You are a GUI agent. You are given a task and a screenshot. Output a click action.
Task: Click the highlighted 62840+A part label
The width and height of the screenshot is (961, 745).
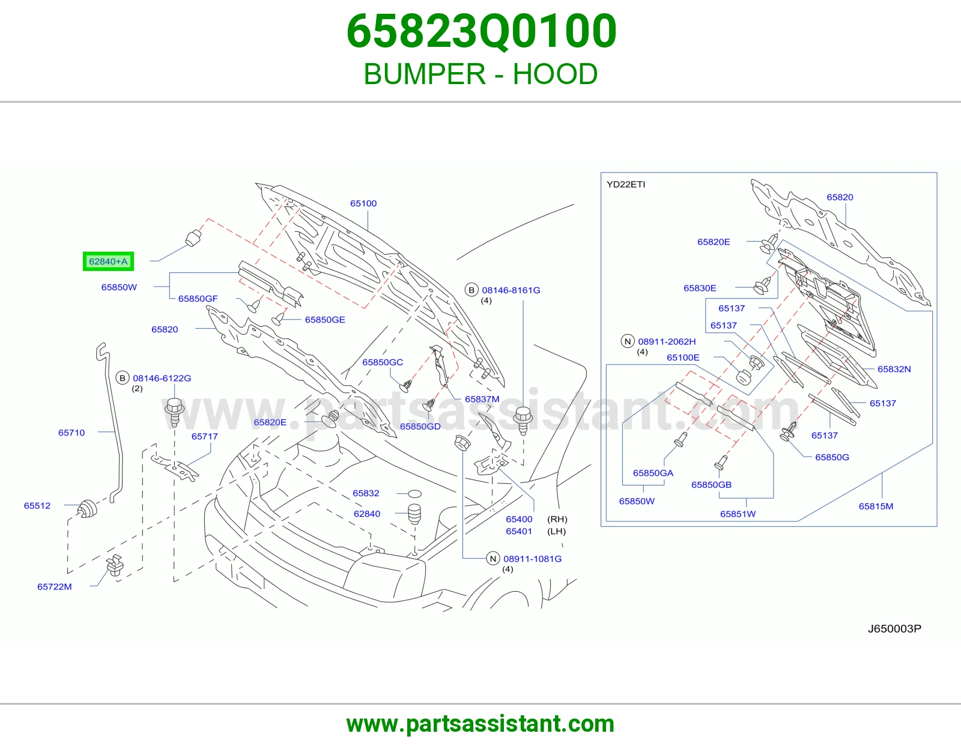(108, 261)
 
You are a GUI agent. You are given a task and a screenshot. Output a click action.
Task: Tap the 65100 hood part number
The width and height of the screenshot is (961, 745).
(363, 204)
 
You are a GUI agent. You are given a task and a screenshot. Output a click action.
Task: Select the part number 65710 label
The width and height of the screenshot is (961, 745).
(71, 433)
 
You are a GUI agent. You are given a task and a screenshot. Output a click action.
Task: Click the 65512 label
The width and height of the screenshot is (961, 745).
(37, 506)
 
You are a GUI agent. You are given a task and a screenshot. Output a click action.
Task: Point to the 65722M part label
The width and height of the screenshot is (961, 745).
(55, 586)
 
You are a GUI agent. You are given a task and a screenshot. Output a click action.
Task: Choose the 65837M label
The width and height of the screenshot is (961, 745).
(482, 399)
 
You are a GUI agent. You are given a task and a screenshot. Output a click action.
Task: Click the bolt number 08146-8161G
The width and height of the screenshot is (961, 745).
(511, 290)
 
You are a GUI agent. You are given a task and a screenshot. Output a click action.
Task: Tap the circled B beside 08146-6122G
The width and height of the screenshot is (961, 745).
(123, 379)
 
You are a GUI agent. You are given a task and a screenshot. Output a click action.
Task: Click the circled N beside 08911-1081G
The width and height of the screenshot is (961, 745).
(493, 559)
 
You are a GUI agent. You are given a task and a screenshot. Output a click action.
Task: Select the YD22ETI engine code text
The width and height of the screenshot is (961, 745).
(626, 184)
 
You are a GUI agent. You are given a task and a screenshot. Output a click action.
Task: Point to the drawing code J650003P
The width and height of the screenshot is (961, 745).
(894, 628)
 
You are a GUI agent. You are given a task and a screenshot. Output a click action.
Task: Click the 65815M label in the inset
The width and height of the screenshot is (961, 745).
(876, 506)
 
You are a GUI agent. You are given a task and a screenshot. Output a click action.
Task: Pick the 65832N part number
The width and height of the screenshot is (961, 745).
(894, 369)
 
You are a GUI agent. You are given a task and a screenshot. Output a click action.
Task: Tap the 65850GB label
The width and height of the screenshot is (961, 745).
(711, 484)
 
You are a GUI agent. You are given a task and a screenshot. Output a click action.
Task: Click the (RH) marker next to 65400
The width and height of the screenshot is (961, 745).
(557, 519)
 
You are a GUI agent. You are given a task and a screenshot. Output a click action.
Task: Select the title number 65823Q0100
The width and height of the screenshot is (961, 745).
(481, 31)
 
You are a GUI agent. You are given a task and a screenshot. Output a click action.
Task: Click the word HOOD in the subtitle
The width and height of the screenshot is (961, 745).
(555, 74)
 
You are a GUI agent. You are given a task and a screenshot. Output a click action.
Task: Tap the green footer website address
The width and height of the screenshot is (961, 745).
(480, 724)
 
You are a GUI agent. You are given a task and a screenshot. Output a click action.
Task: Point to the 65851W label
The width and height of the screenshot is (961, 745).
(738, 514)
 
